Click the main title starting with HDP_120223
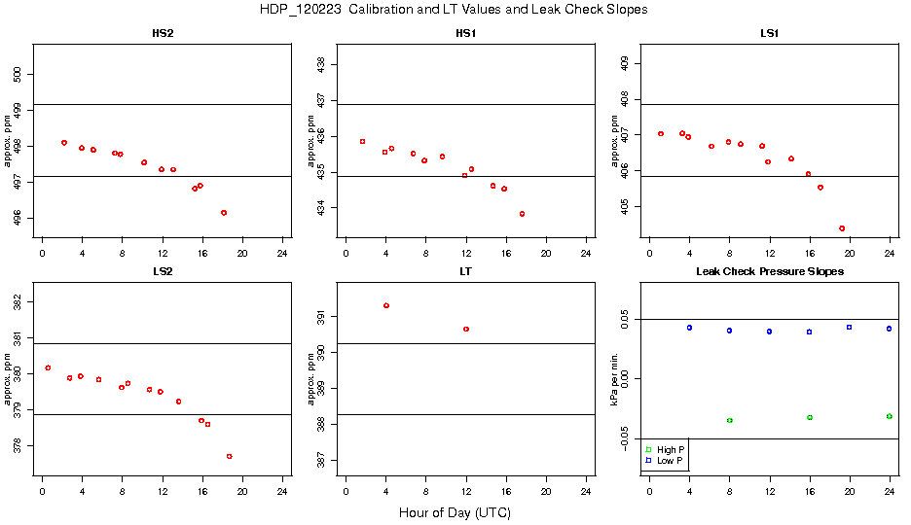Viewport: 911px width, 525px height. [x=454, y=10]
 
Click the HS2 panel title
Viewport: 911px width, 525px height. [x=163, y=34]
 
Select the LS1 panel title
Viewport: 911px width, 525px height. [x=769, y=34]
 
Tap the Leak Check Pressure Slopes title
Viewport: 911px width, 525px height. [x=769, y=271]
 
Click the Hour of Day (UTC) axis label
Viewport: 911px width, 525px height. [x=455, y=512]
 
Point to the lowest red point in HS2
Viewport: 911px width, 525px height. [x=224, y=212]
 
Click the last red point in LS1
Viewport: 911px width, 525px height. [x=842, y=228]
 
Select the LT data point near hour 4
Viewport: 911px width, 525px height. [x=386, y=305]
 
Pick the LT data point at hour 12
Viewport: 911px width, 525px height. [x=466, y=330]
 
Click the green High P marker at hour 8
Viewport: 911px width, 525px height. [x=729, y=420]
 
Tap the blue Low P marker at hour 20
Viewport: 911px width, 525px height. [x=849, y=327]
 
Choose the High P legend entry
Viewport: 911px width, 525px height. [x=665, y=449]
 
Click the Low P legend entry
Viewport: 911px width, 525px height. [x=665, y=460]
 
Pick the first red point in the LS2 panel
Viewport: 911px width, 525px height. [x=48, y=367]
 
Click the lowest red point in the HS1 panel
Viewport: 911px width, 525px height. [x=523, y=214]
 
